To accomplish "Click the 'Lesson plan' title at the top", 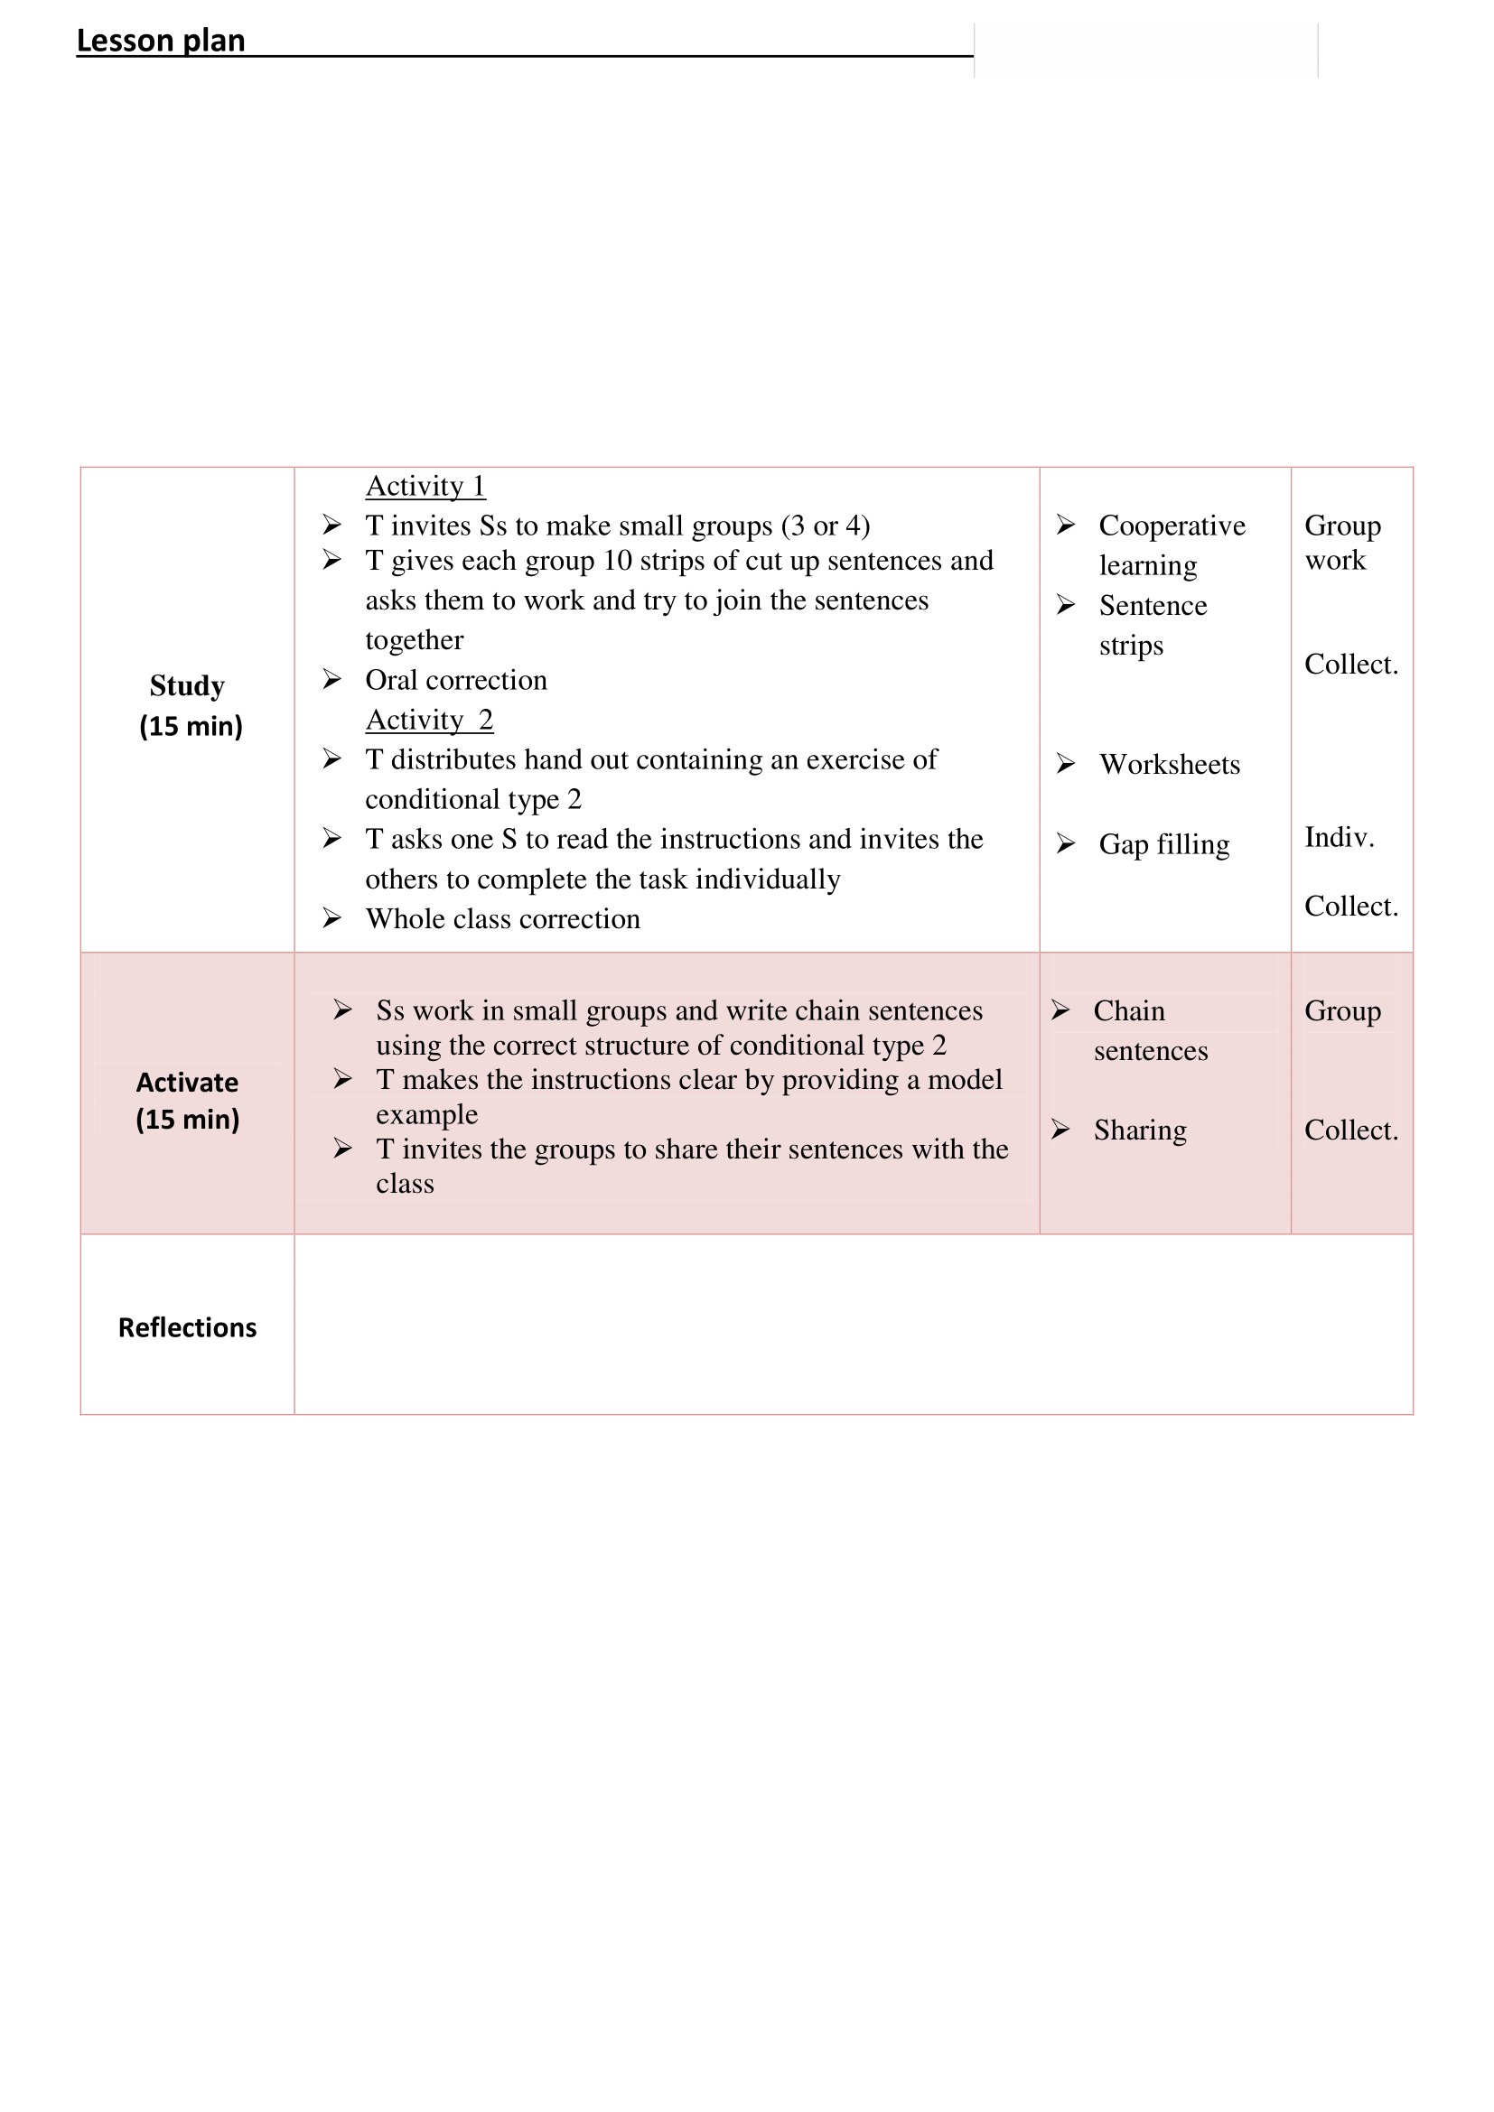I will click(x=160, y=41).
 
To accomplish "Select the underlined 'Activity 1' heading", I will click(x=425, y=486).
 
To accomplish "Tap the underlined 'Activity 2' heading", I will click(x=429, y=720).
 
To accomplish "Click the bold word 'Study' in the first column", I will click(x=187, y=685).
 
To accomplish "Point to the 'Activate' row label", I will click(x=187, y=1083).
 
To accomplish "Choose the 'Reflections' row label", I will click(x=187, y=1327).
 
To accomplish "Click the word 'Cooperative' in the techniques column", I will click(x=1172, y=526).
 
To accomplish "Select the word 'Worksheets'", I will click(x=1169, y=765).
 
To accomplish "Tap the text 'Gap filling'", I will click(x=1163, y=844).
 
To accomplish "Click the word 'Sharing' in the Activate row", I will click(x=1140, y=1130).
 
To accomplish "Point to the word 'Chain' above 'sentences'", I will click(x=1129, y=1011).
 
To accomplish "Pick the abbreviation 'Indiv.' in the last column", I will click(x=1339, y=837).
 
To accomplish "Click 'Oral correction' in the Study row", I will click(x=455, y=680).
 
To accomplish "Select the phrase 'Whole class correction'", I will click(x=502, y=919).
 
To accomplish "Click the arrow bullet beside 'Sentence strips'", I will click(x=1065, y=605).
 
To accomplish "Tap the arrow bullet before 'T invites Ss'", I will click(x=332, y=526).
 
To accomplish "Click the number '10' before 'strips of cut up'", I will click(x=617, y=560).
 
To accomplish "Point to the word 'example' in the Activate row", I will click(x=427, y=1115).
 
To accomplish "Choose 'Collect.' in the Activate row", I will click(x=1350, y=1130).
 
